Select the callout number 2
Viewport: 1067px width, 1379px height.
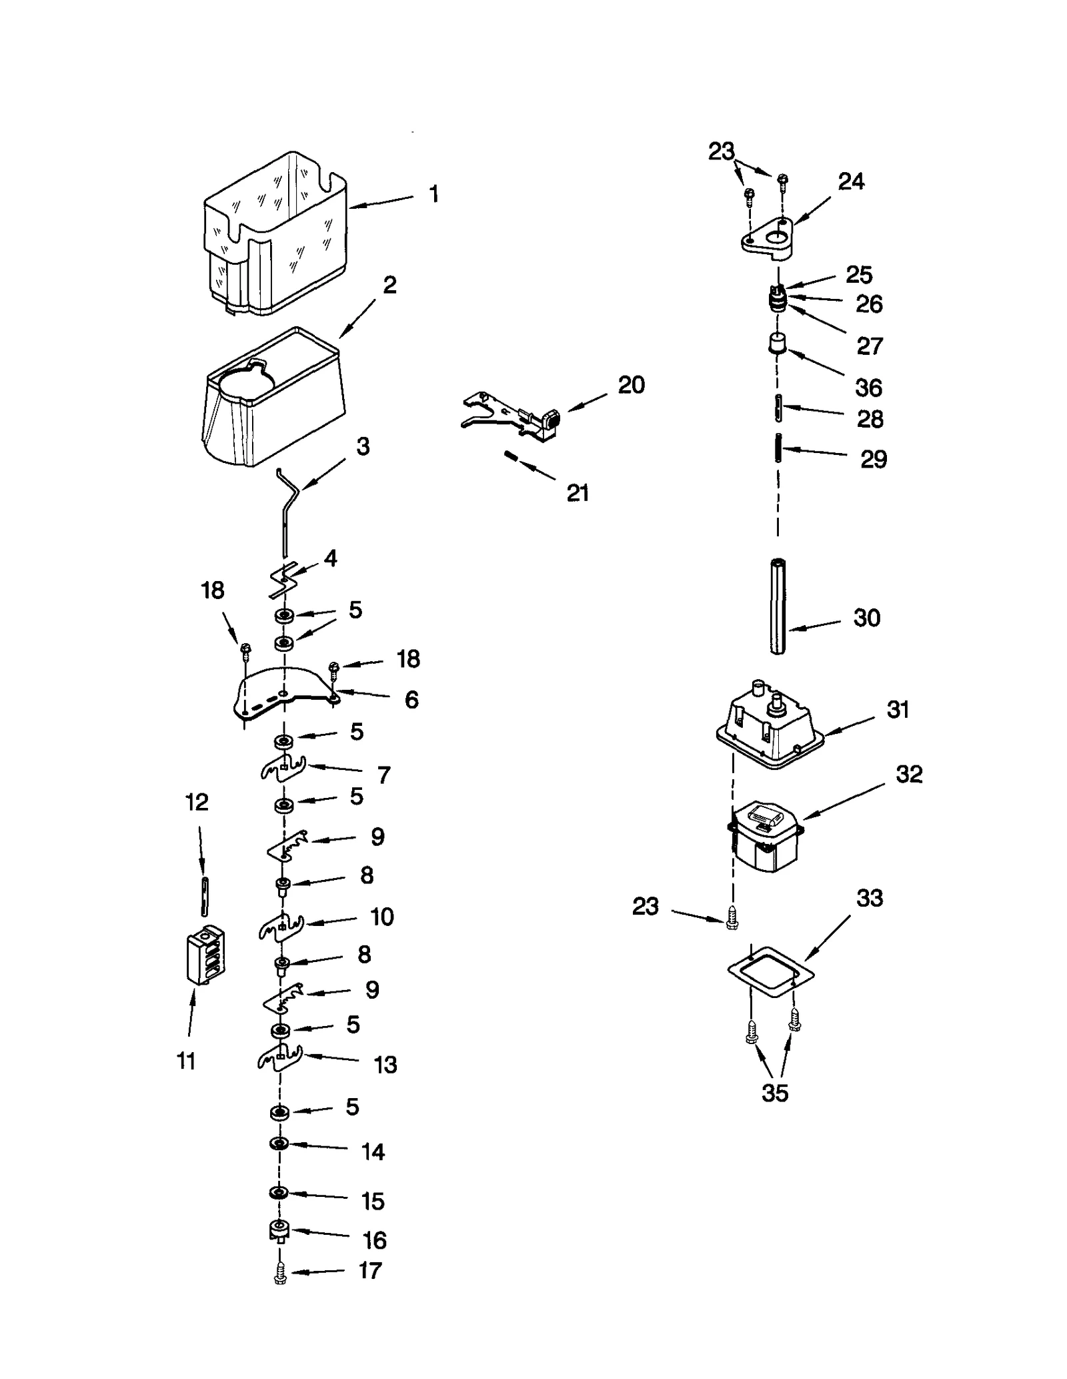click(x=390, y=285)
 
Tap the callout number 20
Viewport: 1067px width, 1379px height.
click(x=631, y=385)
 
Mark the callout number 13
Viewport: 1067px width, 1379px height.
click(x=385, y=1065)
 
